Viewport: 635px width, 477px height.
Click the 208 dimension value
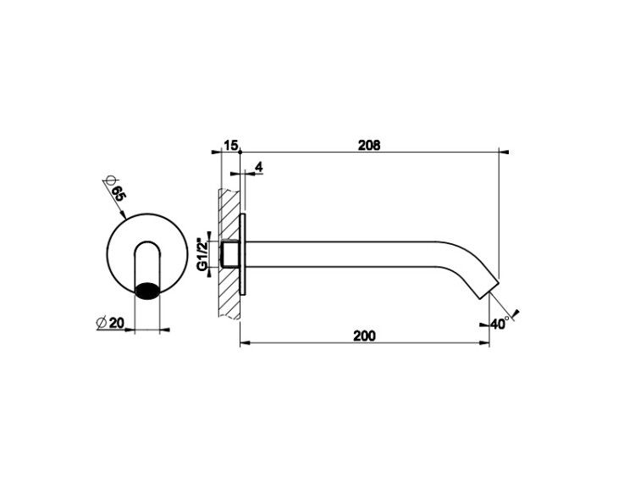(x=369, y=145)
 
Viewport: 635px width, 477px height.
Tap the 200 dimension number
(x=364, y=336)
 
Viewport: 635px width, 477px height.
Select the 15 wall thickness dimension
(x=230, y=145)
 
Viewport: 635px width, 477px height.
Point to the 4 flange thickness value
(x=259, y=167)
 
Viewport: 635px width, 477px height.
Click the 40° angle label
(x=500, y=324)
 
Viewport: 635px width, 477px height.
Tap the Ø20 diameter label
(x=110, y=323)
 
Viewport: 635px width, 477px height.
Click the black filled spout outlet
(x=147, y=291)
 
